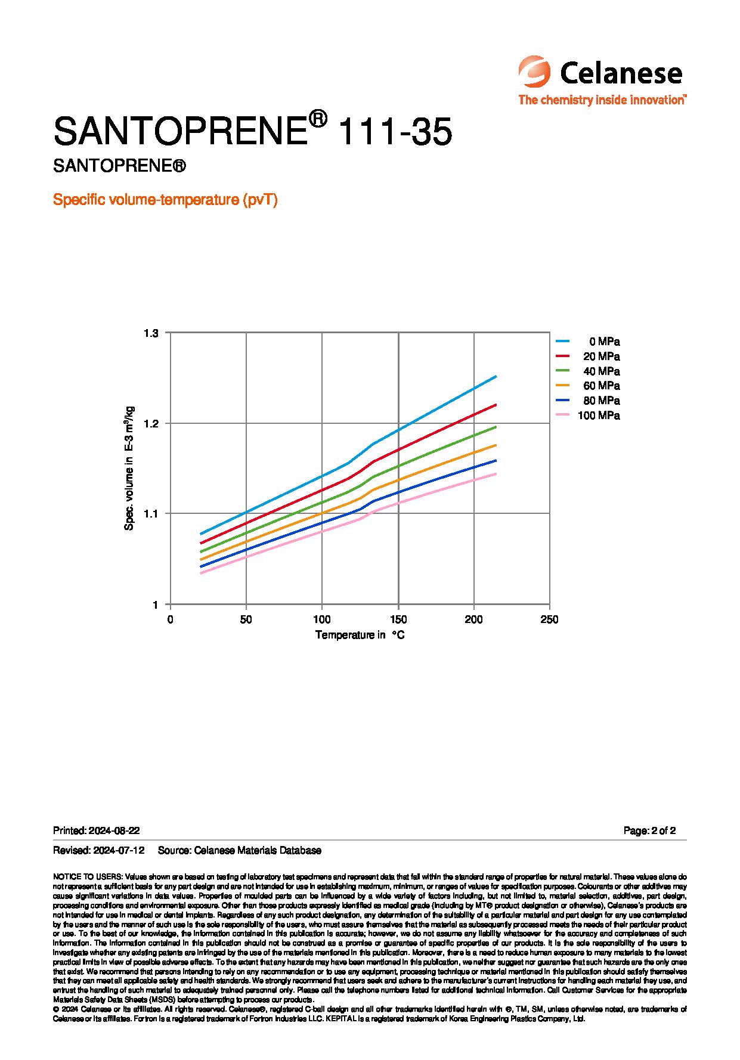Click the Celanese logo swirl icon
click(x=534, y=72)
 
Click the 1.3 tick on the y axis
click(x=151, y=333)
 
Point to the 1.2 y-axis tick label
click(x=151, y=423)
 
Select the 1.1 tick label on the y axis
click(x=151, y=513)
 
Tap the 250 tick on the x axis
click(x=549, y=619)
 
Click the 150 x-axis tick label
click(x=398, y=619)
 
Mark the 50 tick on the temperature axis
click(x=246, y=619)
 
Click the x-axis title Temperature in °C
click(x=360, y=635)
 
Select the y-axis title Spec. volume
click(x=129, y=468)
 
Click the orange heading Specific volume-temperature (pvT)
click(x=165, y=200)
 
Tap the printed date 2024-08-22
click(x=114, y=830)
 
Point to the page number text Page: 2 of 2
click(x=649, y=830)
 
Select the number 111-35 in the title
click(x=394, y=131)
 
